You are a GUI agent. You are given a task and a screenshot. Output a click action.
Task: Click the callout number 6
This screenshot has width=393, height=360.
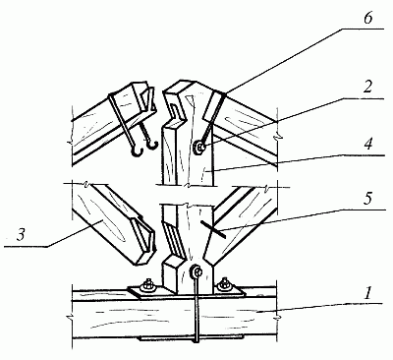coord(367,19)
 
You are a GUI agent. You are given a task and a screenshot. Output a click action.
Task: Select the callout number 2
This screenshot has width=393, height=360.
coord(367,88)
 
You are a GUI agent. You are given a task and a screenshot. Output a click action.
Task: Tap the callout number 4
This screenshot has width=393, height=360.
coord(368,144)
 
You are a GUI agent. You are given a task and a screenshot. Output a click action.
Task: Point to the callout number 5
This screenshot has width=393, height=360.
coord(368,200)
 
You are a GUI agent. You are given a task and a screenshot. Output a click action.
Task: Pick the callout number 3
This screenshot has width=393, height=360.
coord(22,235)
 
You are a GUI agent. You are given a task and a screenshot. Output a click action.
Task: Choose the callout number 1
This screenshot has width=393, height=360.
coord(368,293)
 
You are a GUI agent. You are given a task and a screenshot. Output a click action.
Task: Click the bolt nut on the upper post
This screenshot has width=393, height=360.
coord(199,147)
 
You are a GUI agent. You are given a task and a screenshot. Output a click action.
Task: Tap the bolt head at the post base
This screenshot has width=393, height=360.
coord(196,270)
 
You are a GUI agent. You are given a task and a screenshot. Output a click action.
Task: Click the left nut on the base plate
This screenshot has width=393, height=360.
coord(147,285)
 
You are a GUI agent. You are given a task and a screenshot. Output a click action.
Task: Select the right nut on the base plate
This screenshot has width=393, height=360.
coord(225,284)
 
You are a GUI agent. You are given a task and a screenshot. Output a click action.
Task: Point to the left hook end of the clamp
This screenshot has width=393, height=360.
coord(137,151)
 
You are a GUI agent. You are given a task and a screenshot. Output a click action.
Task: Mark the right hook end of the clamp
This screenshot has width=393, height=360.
coord(152,145)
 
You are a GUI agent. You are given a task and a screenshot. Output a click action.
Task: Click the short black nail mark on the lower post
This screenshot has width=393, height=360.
coord(213,229)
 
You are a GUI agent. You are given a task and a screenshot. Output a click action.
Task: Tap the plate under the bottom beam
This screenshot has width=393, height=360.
coord(192,337)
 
